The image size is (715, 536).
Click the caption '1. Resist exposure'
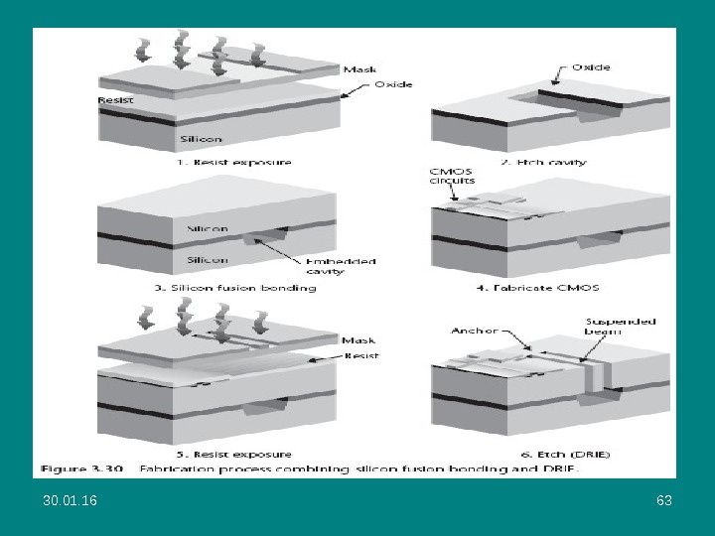tap(234, 161)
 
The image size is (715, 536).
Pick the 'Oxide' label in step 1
tap(393, 84)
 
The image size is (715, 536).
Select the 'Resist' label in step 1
tap(116, 100)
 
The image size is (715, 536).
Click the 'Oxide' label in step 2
tap(591, 67)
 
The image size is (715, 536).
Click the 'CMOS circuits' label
tap(451, 176)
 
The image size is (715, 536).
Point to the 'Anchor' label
tap(473, 331)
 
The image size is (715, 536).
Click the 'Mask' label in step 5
tap(357, 340)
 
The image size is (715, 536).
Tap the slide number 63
tap(664, 500)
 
